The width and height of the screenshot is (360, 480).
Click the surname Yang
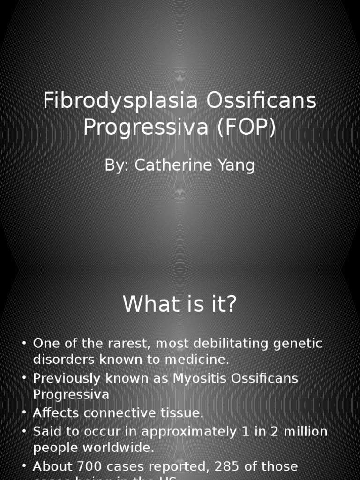(x=237, y=165)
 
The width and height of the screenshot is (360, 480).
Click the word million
(x=303, y=431)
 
